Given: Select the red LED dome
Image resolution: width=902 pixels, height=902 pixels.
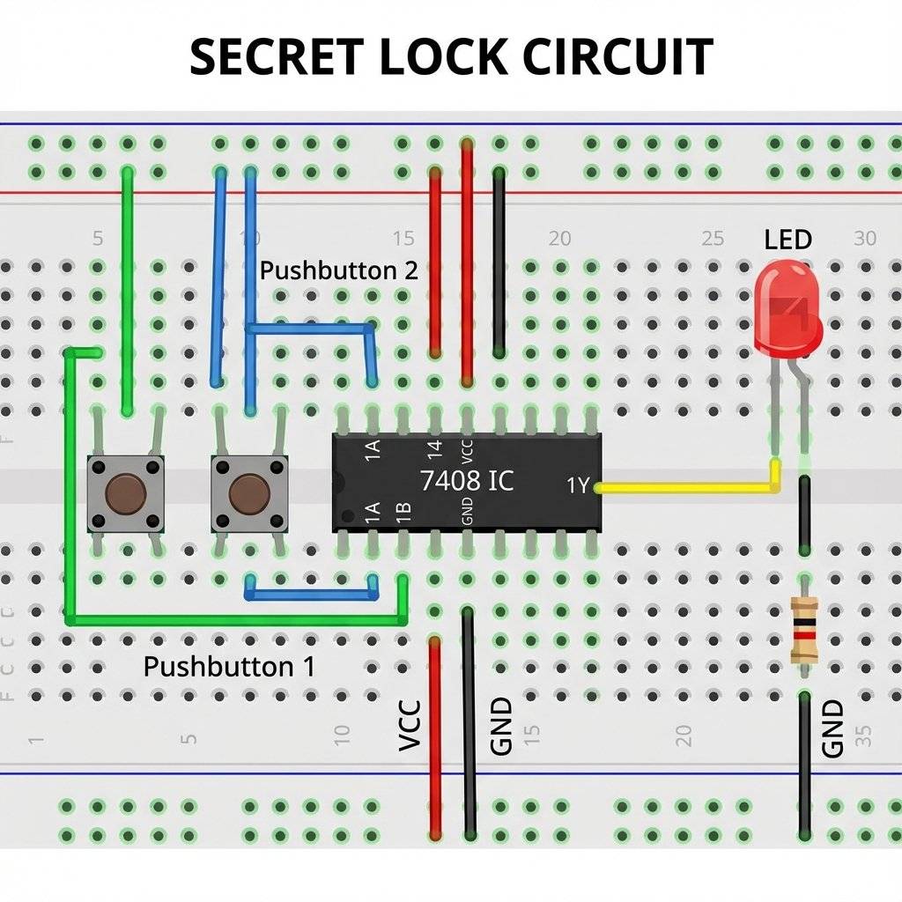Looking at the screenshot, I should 787,310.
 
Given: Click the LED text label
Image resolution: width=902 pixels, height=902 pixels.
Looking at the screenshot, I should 787,240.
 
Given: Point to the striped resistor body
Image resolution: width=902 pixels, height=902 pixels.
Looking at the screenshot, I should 804,629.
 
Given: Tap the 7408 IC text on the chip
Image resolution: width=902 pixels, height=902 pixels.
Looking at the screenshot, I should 467,481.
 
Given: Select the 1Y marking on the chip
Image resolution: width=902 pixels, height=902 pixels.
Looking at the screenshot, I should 578,485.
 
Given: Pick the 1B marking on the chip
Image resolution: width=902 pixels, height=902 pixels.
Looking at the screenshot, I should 404,513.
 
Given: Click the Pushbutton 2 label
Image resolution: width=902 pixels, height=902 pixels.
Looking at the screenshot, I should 338,270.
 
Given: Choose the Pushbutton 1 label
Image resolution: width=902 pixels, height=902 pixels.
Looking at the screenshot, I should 228,666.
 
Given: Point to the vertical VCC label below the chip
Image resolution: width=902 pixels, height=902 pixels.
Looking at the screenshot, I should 410,726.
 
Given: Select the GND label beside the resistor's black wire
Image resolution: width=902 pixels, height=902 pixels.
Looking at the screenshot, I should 832,728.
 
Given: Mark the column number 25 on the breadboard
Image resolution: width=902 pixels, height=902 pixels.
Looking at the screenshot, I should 713,239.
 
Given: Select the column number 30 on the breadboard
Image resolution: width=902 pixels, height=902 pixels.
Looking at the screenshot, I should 865,239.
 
